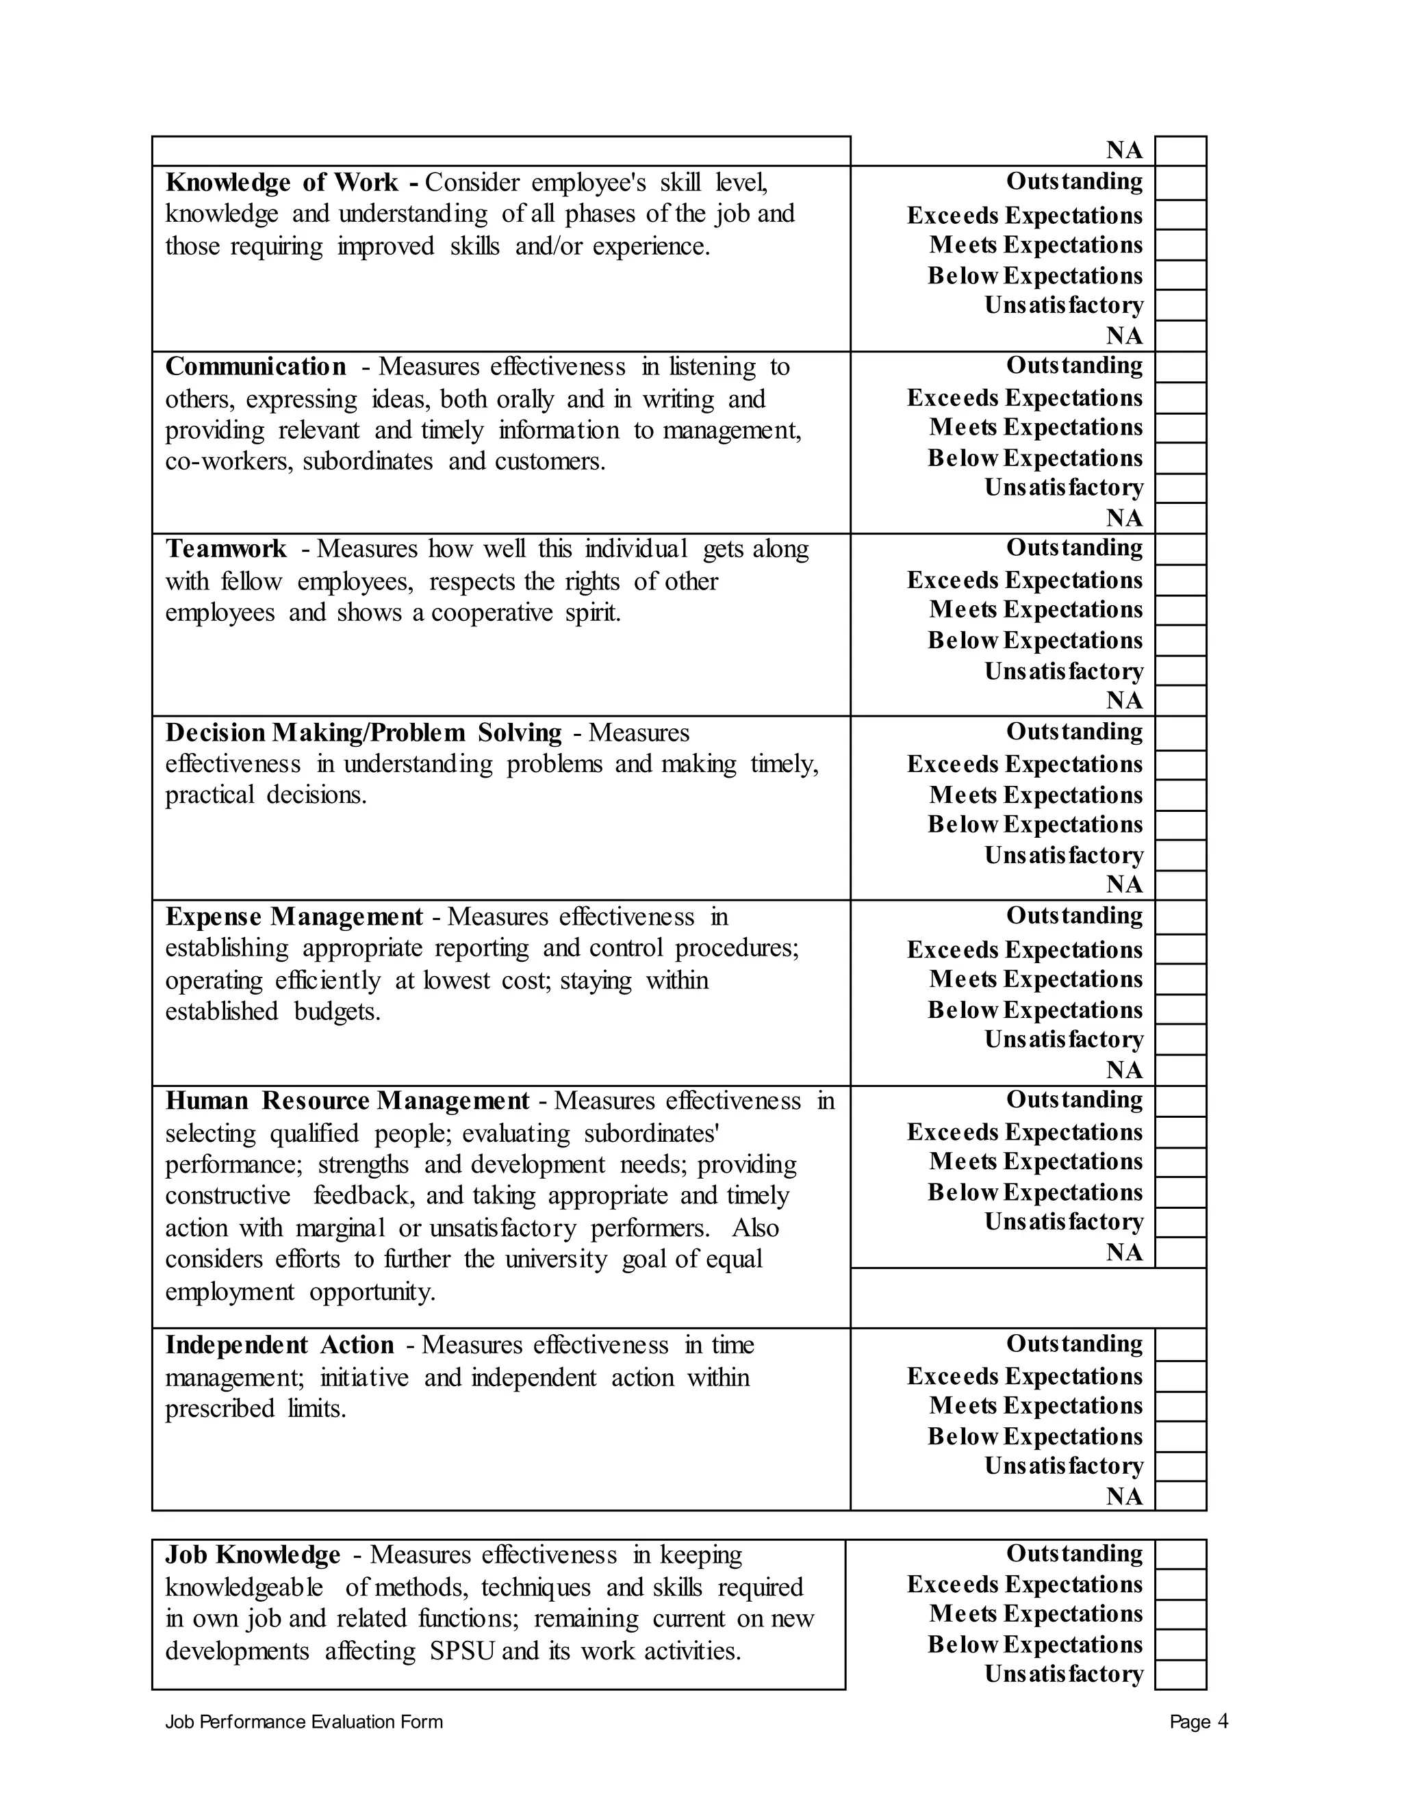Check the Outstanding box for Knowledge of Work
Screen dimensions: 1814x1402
[1180, 183]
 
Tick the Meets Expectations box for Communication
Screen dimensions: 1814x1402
[1180, 428]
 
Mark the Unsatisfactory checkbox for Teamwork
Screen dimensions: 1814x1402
[1180, 670]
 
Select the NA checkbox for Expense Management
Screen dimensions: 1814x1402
[1180, 1070]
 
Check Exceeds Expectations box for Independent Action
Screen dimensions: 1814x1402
[1180, 1377]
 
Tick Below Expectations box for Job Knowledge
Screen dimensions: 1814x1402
[1180, 1644]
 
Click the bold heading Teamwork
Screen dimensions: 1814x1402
[226, 549]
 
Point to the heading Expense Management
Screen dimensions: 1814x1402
[294, 917]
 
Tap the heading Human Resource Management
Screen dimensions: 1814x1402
[347, 1101]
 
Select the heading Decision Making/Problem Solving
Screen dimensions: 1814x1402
[363, 732]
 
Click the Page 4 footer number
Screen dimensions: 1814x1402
[1199, 1722]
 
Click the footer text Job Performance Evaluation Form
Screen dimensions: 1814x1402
[304, 1722]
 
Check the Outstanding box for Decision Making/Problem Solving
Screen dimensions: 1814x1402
[1180, 733]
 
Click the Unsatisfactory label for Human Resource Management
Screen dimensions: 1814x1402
[1064, 1222]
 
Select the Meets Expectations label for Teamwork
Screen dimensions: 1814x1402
[1036, 610]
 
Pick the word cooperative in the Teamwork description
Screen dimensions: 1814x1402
[492, 613]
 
